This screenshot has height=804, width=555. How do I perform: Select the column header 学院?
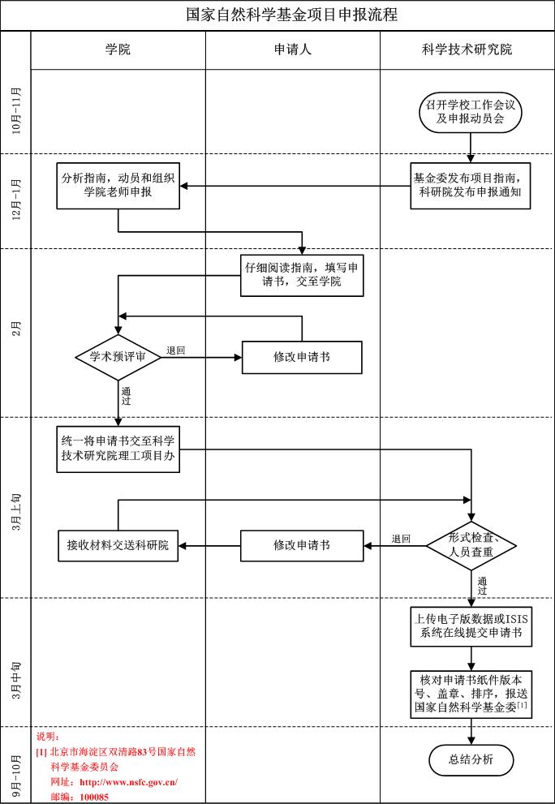coord(118,49)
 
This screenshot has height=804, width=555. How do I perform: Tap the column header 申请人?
coord(292,49)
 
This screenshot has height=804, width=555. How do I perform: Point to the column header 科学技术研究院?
coord(467,49)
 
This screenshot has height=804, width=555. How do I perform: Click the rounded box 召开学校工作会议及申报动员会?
coord(471,112)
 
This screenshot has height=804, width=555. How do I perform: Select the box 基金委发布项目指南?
coord(471,186)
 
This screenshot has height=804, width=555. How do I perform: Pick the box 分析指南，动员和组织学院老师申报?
coord(118,186)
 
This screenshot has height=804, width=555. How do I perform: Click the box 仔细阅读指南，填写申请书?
coord(303,275)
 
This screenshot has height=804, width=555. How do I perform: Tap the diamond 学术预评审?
coord(118,356)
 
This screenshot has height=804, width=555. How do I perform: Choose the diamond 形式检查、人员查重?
coord(471,544)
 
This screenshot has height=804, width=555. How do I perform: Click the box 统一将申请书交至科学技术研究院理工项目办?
coord(118,448)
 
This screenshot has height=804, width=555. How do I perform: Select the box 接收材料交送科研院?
coord(118,544)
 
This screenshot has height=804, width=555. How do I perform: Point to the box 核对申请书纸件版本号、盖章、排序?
coord(471,694)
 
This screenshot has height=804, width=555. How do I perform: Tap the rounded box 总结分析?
coord(471,759)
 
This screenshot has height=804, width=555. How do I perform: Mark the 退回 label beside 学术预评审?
coord(176,350)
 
